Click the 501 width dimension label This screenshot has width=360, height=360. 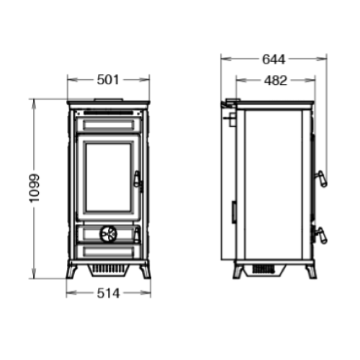(x=108, y=79)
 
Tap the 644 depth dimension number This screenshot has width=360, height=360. (x=274, y=59)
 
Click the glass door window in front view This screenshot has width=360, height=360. (x=108, y=176)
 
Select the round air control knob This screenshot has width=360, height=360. (x=107, y=233)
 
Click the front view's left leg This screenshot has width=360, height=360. (x=72, y=271)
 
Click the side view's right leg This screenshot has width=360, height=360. (x=310, y=271)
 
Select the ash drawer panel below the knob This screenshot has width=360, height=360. (x=108, y=251)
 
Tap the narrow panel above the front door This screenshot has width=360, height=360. (x=108, y=124)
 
